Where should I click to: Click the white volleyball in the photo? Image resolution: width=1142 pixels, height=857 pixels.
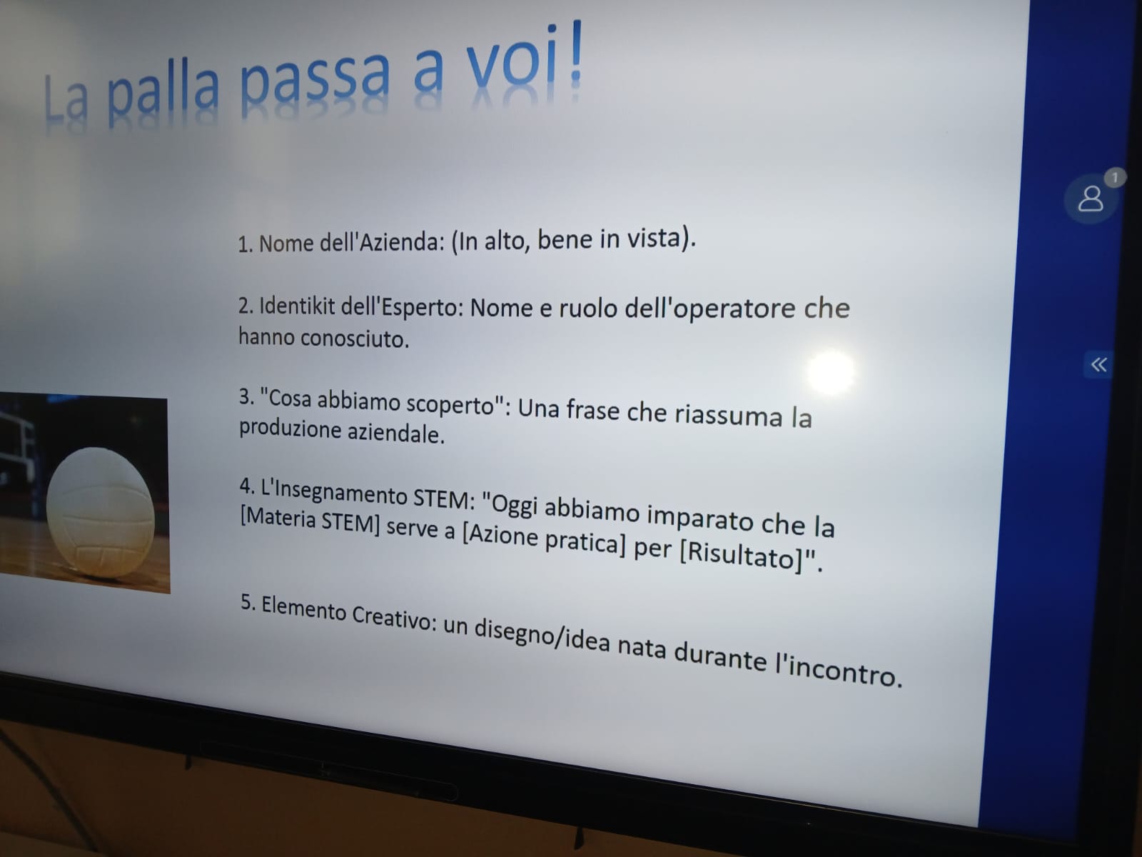101,513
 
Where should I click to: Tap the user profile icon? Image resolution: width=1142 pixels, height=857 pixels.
1091,199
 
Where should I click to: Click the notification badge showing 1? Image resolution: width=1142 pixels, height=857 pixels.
1115,178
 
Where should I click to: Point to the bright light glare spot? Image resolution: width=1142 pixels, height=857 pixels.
830,373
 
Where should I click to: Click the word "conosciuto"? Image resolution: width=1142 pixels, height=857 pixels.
355,339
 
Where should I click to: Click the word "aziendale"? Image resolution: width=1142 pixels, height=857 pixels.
396,433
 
